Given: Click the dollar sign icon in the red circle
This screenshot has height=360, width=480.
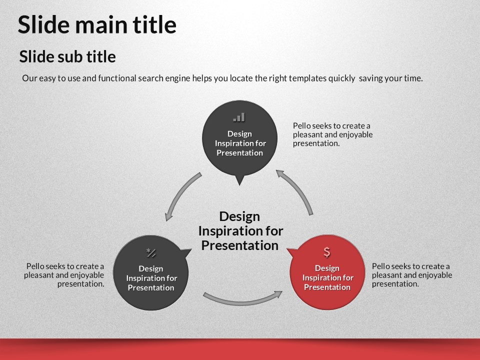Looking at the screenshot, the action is tap(327, 252).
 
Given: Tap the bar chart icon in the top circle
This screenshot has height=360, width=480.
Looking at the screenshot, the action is tap(239, 117).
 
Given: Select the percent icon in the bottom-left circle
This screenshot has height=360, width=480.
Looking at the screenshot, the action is tap(151, 253).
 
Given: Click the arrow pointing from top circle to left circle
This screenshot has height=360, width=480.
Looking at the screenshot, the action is tap(180, 193).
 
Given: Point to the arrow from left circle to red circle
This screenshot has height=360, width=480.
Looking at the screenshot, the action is tap(242, 301).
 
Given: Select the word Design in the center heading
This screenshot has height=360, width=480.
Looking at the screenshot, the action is tap(239, 216).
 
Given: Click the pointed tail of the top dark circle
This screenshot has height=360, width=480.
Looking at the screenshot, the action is tap(239, 184).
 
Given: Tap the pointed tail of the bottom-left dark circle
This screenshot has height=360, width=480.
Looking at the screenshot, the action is tap(191, 250).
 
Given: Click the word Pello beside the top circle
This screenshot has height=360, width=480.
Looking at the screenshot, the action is tap(302, 126).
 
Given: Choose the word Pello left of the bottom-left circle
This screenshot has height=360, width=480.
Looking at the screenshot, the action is tap(35, 266).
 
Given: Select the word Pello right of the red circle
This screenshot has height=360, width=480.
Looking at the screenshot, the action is tap(381, 266).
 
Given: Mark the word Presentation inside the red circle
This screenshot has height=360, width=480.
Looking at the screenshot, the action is tap(327, 287).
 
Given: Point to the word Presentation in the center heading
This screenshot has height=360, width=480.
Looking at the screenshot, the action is tap(239, 245).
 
